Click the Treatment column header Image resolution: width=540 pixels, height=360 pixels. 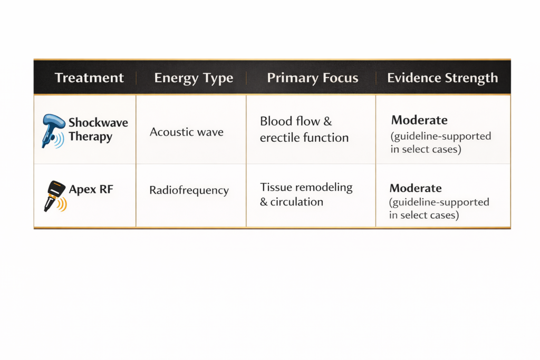click(x=89, y=78)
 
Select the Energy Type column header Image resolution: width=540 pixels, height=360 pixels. click(x=194, y=78)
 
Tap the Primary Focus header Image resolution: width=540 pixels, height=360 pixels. click(x=312, y=78)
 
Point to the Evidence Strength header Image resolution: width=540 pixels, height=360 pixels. click(x=442, y=78)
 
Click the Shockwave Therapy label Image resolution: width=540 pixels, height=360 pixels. click(x=98, y=130)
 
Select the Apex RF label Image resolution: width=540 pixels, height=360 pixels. click(x=91, y=189)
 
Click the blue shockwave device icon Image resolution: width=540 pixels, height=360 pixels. click(x=53, y=131)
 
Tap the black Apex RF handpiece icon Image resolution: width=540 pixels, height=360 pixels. click(x=54, y=195)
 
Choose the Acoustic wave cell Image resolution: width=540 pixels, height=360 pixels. click(x=186, y=132)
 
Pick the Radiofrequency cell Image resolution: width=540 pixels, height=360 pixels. click(x=189, y=190)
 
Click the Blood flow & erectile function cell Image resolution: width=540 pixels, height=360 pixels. click(x=304, y=129)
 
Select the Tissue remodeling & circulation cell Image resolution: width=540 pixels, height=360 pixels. click(x=306, y=194)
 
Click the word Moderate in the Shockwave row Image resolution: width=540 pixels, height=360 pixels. click(x=419, y=120)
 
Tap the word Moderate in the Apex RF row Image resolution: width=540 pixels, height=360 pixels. click(x=416, y=188)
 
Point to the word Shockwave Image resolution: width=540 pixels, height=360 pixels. click(x=98, y=122)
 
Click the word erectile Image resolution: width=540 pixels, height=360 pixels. click(x=278, y=138)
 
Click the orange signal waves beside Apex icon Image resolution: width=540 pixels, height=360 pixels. click(x=62, y=204)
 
